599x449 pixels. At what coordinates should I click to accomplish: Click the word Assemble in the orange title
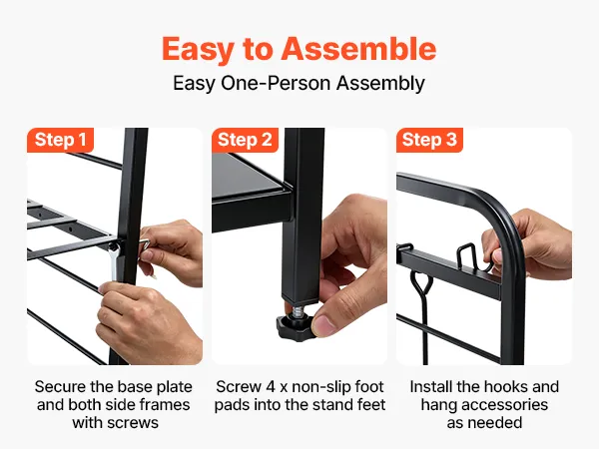point(358,49)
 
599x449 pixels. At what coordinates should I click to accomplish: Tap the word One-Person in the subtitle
point(276,83)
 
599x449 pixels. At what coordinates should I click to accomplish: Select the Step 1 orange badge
point(60,140)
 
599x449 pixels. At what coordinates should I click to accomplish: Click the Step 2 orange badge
point(245,140)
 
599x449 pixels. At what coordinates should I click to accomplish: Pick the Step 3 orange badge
point(429,140)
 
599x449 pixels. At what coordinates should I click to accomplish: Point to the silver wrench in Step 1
point(114,261)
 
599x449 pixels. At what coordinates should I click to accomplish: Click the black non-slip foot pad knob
point(294,326)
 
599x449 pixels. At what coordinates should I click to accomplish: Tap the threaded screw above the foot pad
point(298,310)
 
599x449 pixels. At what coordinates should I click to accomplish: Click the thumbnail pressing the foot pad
point(323,325)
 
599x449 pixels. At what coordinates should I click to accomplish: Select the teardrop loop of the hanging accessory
point(422,282)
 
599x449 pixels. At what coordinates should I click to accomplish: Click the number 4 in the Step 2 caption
point(271,387)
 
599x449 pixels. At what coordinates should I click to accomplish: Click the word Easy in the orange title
point(199,50)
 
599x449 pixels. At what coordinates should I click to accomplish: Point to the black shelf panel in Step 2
point(249,175)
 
